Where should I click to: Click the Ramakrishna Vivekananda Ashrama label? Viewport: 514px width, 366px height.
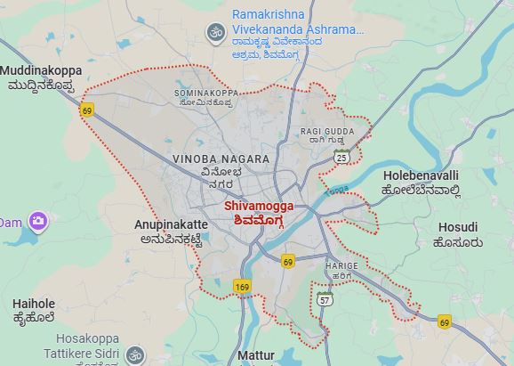pyautogui.click(x=297, y=22)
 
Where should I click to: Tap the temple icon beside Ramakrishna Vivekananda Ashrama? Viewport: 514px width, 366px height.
pyautogui.click(x=214, y=33)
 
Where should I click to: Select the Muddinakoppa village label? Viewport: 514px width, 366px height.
pyautogui.click(x=41, y=77)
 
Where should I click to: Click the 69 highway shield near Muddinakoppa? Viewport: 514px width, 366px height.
pyautogui.click(x=86, y=110)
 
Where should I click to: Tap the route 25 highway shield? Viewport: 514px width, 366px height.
pyautogui.click(x=342, y=157)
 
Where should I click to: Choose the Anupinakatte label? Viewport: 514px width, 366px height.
pyautogui.click(x=172, y=232)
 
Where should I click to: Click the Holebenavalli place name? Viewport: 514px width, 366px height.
pyautogui.click(x=421, y=182)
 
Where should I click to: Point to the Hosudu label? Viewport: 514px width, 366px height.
pyautogui.click(x=459, y=233)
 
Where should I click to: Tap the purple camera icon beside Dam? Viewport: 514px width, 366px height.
pyautogui.click(x=37, y=221)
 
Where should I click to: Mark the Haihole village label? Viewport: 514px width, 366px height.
pyautogui.click(x=34, y=310)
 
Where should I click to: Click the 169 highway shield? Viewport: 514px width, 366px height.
pyautogui.click(x=242, y=287)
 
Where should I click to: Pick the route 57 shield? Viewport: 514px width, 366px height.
pyautogui.click(x=325, y=301)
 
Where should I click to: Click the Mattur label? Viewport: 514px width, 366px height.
pyautogui.click(x=256, y=356)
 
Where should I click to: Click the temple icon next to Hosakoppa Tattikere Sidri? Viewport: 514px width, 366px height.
pyautogui.click(x=134, y=354)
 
